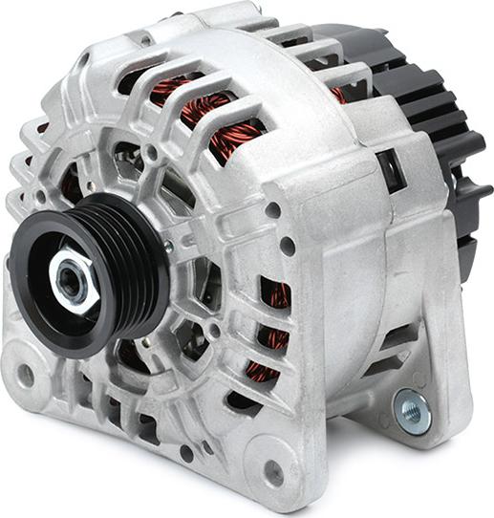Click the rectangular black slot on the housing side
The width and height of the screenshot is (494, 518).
(390, 170)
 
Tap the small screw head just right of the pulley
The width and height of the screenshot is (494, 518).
(168, 247)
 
